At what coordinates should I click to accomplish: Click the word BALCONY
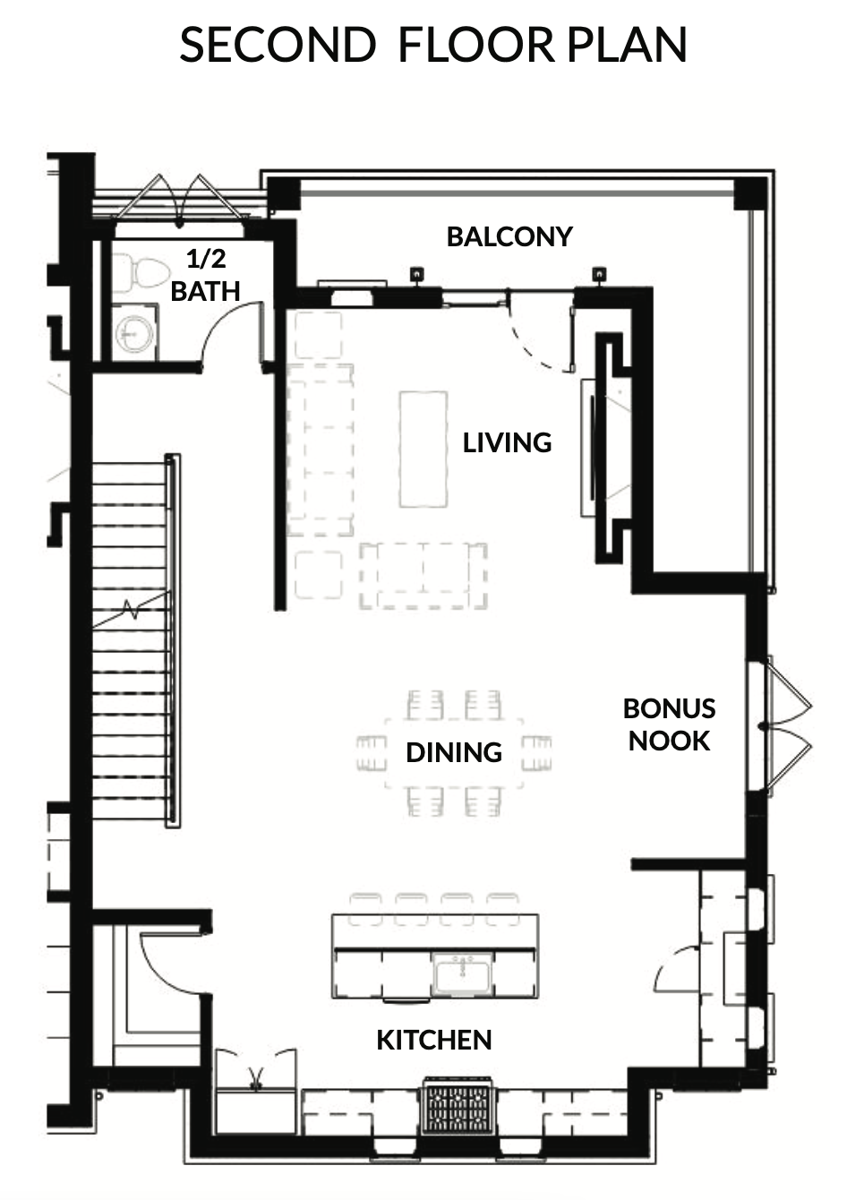pyautogui.click(x=509, y=236)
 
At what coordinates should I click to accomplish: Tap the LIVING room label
pyautogui.click(x=507, y=442)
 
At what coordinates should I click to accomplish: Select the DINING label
pyautogui.click(x=454, y=752)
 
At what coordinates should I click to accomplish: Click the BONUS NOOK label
pyautogui.click(x=669, y=724)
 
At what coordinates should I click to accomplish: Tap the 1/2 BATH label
pyautogui.click(x=206, y=275)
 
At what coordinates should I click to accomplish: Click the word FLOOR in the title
pyautogui.click(x=476, y=46)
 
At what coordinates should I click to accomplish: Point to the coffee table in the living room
pyautogui.click(x=423, y=450)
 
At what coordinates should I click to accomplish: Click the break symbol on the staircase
pyautogui.click(x=132, y=609)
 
